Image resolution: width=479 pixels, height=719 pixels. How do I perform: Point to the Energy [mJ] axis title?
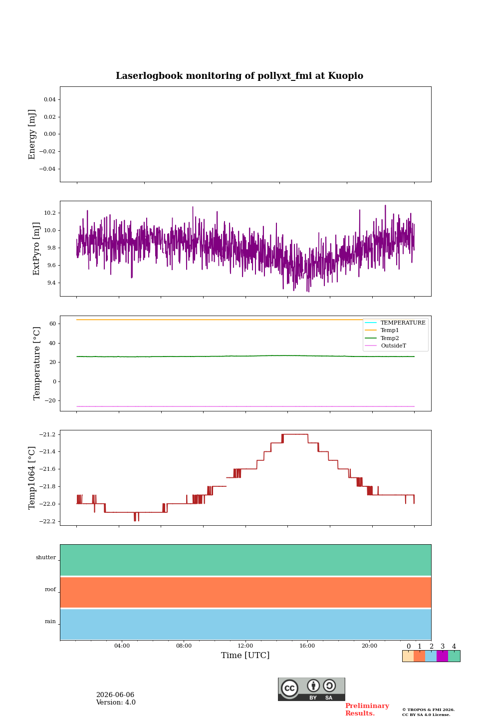tap(31, 134)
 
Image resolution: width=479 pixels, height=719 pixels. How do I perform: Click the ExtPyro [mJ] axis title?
tap(36, 249)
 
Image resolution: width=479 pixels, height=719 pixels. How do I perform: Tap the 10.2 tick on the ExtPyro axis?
tap(50, 213)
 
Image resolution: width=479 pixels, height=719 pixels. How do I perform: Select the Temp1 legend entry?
tap(390, 330)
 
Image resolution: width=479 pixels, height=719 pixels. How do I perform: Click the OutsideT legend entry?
tap(393, 346)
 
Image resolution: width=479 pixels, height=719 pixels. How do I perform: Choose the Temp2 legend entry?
tap(390, 338)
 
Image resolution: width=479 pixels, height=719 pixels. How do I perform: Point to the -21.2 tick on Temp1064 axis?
tap(47, 434)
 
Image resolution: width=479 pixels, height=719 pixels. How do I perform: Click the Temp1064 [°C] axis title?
tap(31, 478)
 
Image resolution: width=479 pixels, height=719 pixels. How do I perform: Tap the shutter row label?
tap(46, 557)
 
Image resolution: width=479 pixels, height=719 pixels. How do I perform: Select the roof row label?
tap(50, 589)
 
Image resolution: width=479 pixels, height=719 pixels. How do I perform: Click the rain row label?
tap(50, 621)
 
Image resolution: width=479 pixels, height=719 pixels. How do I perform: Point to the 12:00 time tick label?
tap(245, 646)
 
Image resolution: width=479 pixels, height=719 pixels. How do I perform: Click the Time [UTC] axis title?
tap(245, 655)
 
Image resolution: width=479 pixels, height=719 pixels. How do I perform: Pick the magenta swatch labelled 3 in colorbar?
tap(442, 656)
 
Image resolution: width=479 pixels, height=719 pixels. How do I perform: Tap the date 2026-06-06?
tap(115, 695)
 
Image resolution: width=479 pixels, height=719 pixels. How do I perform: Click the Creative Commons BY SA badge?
tap(311, 689)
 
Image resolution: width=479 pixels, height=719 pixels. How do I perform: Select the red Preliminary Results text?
tap(367, 710)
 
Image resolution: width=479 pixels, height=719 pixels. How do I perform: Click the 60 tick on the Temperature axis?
tap(52, 324)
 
